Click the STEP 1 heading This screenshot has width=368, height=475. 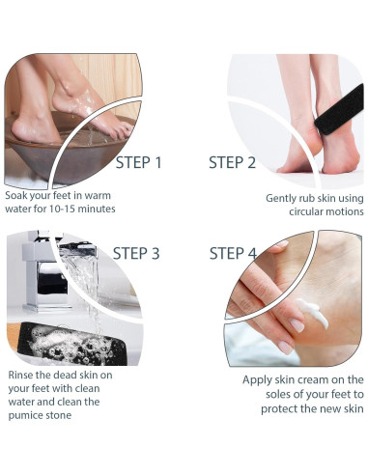pos(138,162)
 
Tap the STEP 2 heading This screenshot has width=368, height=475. pos(232,162)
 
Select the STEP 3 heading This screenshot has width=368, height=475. pos(136,253)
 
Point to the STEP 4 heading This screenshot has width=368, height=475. pos(233,253)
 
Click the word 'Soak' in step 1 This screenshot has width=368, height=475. pos(16,195)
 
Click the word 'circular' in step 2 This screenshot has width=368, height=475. pos(306,211)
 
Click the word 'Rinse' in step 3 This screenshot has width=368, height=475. pos(20,375)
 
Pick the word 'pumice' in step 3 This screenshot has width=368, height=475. pos(24,415)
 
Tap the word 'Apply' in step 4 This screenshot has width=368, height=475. pos(256,380)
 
